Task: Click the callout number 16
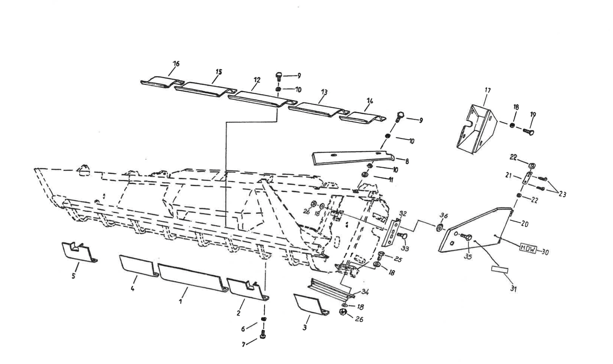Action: pyautogui.click(x=177, y=64)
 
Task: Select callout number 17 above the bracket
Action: pyautogui.click(x=488, y=91)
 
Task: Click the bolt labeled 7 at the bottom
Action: pyautogui.click(x=263, y=335)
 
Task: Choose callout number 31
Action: pyautogui.click(x=514, y=288)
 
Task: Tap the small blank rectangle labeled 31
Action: pyautogui.click(x=499, y=269)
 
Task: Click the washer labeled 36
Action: pyautogui.click(x=440, y=227)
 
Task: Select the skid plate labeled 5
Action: pyautogui.click(x=78, y=252)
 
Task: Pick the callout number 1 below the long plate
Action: pyautogui.click(x=181, y=301)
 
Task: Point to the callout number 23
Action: pyautogui.click(x=562, y=195)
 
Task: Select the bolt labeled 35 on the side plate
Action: pyautogui.click(x=468, y=239)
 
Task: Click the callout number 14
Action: pyautogui.click(x=369, y=101)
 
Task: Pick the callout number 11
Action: pyautogui.click(x=391, y=180)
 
